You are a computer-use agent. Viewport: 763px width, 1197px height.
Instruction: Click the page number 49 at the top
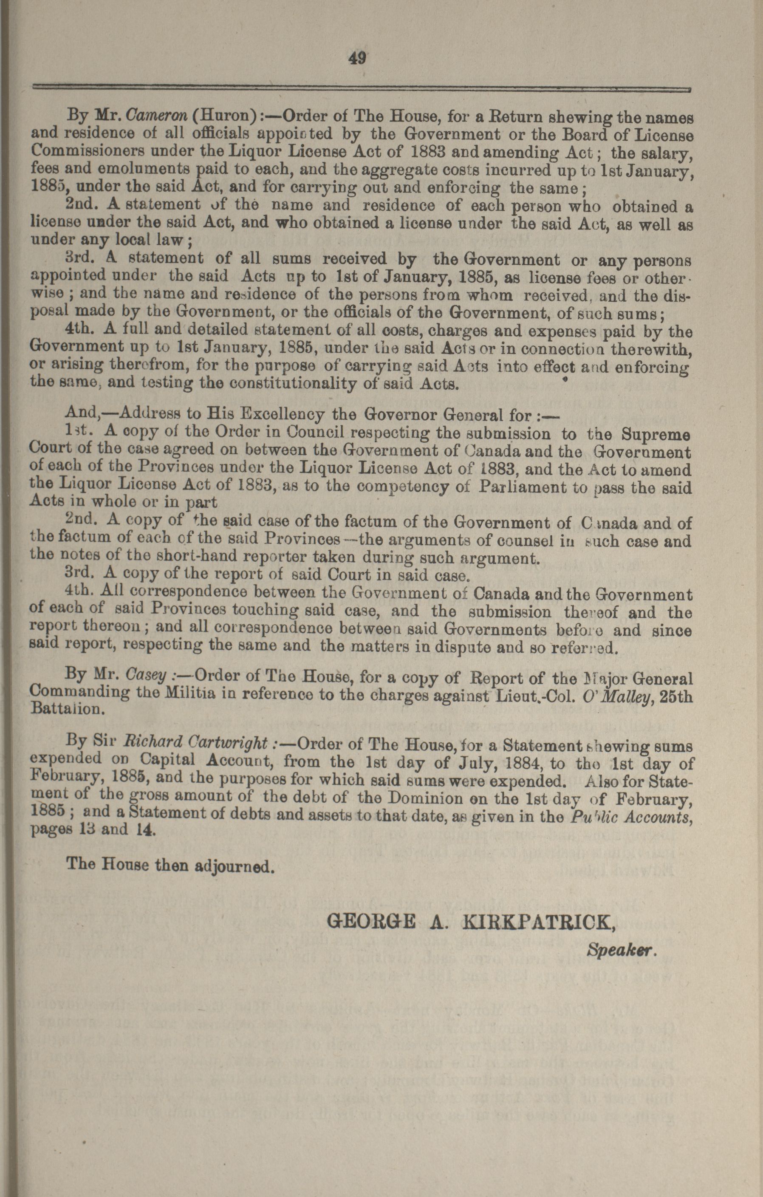pos(357,59)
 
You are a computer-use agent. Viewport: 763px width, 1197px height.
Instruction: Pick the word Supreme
pos(656,434)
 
